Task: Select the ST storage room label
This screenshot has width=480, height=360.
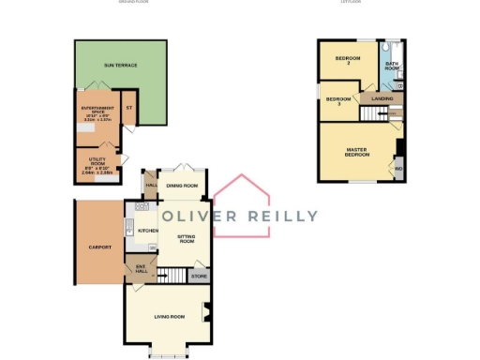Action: (x=129, y=105)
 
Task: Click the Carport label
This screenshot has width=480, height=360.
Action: (x=99, y=247)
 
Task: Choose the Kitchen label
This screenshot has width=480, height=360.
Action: (x=147, y=230)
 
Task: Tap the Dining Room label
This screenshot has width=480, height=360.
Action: (x=182, y=186)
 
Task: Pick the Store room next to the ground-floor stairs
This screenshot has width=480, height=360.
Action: (x=197, y=276)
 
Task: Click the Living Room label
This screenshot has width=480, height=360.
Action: (x=170, y=317)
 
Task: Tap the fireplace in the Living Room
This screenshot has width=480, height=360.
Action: (x=208, y=312)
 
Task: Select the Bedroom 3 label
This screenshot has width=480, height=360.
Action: (x=337, y=101)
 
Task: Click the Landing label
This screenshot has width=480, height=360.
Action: (x=382, y=98)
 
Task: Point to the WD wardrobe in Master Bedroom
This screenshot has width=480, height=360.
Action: (x=398, y=169)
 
